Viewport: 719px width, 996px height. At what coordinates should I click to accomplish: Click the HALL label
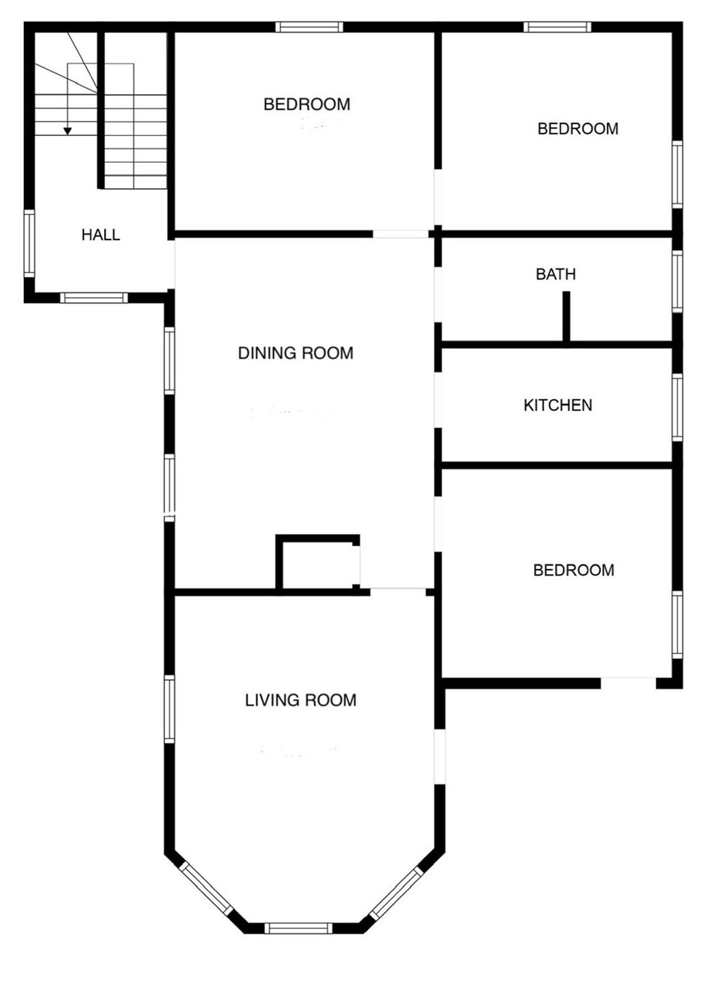point(101,235)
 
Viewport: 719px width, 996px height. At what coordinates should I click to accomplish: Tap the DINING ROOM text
point(296,353)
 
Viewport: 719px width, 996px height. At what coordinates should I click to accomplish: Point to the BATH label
point(556,274)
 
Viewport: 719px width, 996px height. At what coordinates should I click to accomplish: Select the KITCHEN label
point(558,406)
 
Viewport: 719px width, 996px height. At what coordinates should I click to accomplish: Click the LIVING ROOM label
point(301,700)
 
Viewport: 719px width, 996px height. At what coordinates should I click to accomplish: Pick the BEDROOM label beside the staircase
point(307,104)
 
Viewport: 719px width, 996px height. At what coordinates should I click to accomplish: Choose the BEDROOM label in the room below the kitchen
point(573,570)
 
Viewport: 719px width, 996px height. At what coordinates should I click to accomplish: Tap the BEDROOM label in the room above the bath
point(578,129)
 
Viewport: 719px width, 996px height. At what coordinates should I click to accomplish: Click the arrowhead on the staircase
point(68,131)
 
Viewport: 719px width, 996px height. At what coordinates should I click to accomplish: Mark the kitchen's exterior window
point(677,407)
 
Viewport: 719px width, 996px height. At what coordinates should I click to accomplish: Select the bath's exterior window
point(677,281)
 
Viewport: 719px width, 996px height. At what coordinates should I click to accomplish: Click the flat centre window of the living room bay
point(299,928)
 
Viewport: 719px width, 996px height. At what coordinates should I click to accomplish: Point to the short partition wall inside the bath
point(567,316)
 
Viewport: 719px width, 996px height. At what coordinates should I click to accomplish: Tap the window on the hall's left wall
point(29,243)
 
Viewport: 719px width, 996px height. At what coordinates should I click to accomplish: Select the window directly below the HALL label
point(94,298)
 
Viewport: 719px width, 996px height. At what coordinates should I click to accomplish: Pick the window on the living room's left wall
point(170,709)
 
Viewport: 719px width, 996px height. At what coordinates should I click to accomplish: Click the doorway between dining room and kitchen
point(438,400)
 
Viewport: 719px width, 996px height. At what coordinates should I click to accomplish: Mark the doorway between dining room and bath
point(438,295)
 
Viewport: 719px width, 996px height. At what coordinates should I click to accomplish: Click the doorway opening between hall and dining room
point(172,264)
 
